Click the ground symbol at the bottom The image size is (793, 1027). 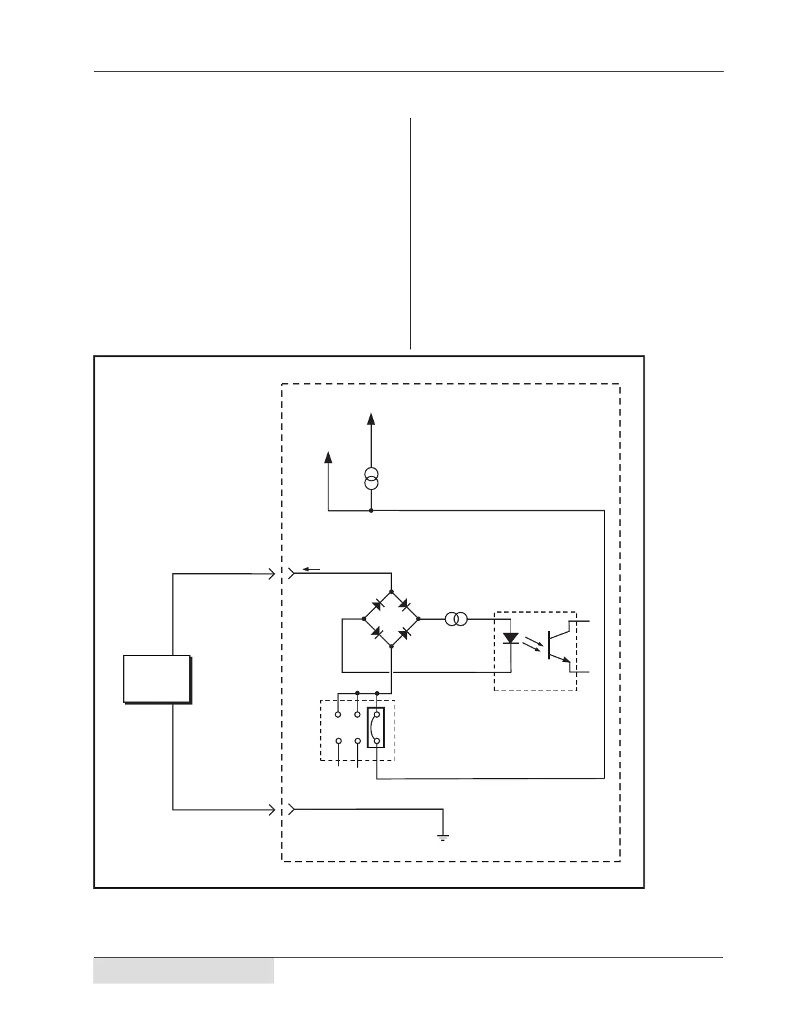[443, 836]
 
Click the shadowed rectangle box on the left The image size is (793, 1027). [157, 679]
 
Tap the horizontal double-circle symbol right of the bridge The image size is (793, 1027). [457, 619]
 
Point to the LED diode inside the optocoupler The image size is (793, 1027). [511, 638]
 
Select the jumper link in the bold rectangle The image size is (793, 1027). [376, 727]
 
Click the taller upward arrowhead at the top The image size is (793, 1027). [371, 418]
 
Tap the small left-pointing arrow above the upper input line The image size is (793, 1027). [310, 569]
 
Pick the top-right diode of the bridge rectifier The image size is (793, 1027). [404, 605]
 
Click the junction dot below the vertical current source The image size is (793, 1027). [371, 511]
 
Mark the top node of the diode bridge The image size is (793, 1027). [391, 592]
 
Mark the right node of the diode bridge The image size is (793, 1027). [418, 619]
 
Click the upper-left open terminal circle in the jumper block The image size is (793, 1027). [338, 715]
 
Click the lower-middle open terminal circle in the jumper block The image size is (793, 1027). [358, 740]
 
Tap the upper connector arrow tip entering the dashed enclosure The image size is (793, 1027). [273, 574]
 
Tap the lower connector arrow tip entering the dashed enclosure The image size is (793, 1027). [273, 809]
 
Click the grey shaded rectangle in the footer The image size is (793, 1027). [183, 970]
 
